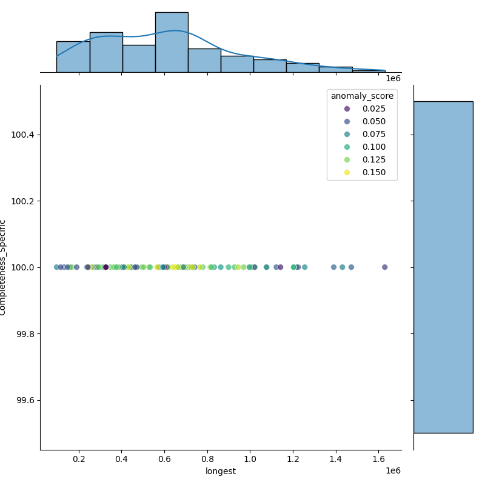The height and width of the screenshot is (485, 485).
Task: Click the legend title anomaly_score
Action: point(362,96)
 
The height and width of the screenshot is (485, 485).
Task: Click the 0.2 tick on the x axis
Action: point(79,459)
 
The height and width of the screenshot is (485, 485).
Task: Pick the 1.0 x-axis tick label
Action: point(250,459)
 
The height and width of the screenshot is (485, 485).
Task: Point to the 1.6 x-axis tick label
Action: point(379,459)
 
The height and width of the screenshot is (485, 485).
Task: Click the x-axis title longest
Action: point(221,471)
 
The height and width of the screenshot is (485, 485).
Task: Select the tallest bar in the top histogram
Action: point(172,42)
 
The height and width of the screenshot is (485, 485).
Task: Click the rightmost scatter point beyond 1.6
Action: point(384,267)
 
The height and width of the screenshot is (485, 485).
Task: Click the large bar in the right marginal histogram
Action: point(443,267)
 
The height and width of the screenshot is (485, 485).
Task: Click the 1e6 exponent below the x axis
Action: point(393,470)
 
